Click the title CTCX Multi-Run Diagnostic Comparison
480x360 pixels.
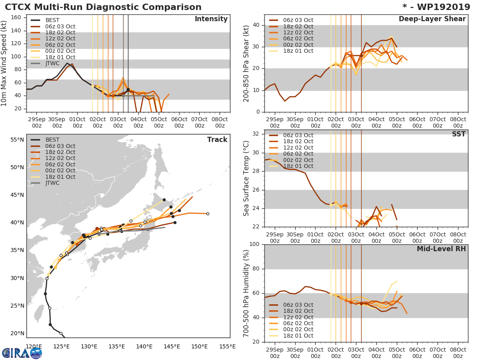tap(103, 7)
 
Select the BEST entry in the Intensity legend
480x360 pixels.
tap(52, 20)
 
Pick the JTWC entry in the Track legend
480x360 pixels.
tap(52, 183)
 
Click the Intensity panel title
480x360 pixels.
tap(211, 19)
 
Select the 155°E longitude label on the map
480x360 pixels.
tap(227, 347)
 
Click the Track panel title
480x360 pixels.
tap(217, 140)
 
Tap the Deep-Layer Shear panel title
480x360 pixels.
tap(432, 19)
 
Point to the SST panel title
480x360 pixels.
tap(458, 134)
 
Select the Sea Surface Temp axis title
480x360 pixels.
tap(246, 178)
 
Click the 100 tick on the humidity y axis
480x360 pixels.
tap(254, 244)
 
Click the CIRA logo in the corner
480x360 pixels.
tap(22, 353)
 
